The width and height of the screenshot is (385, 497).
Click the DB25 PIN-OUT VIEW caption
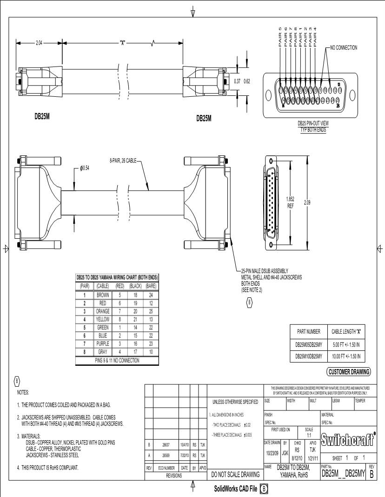[x=312, y=124]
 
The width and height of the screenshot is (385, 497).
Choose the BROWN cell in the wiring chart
[x=102, y=295]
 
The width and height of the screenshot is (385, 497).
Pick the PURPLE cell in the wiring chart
[x=102, y=343]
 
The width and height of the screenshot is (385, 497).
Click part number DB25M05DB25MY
[x=309, y=345]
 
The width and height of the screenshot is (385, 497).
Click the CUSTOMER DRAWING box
[x=349, y=371]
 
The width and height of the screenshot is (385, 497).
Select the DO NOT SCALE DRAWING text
[x=235, y=475]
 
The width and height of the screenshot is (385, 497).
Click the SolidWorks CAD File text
[x=235, y=489]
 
